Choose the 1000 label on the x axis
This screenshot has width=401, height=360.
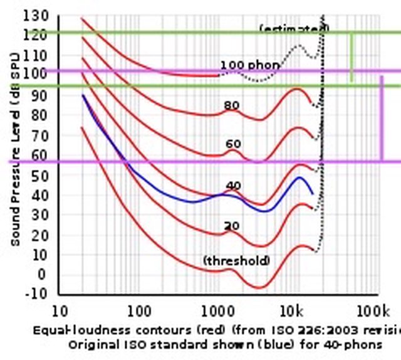[217, 311]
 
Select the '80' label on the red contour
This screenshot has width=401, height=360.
[231, 106]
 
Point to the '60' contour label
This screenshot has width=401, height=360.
[233, 145]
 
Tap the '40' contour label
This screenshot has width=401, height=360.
[233, 186]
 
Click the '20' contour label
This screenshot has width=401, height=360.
[232, 226]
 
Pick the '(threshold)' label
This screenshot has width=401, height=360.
[236, 260]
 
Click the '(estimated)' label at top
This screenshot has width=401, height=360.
[294, 29]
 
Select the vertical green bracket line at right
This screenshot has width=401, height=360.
[351, 58]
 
